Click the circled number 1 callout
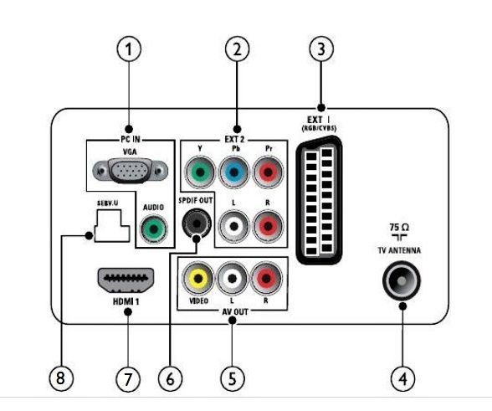coord(129,49)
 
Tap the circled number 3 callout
coord(321,49)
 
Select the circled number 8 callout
coord(60,378)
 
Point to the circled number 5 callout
coord(233,378)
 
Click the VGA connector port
coord(130,171)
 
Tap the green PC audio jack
coord(154,229)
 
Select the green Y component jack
coord(200,172)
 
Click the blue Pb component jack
coord(233,172)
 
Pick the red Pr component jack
coord(268,172)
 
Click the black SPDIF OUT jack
coord(197,223)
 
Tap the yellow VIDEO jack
coord(198,279)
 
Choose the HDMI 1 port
coord(126,280)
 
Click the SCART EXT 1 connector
coord(319,200)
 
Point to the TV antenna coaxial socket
coord(402,280)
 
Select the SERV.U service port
coord(112,225)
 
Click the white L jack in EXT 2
coord(234,226)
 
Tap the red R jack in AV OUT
coord(266,279)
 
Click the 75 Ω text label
coord(399,227)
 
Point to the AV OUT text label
coord(234,311)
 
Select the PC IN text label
coord(131,139)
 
